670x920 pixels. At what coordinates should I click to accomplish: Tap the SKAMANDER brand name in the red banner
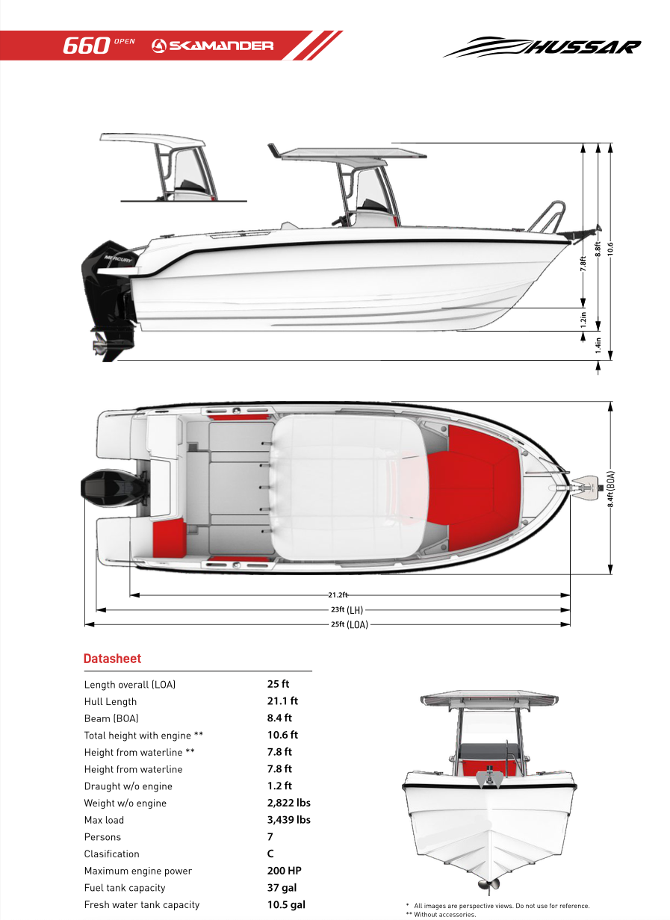(x=221, y=46)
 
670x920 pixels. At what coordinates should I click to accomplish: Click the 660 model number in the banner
(x=87, y=46)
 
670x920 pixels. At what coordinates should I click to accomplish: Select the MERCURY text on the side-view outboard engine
(x=118, y=259)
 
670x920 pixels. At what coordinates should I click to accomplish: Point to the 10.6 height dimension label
(x=610, y=249)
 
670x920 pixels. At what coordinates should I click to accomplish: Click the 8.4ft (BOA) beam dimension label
(x=611, y=489)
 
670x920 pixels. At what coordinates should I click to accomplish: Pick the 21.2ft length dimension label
(x=338, y=595)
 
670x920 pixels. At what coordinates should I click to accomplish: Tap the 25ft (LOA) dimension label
(x=350, y=624)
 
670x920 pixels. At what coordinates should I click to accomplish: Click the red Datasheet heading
(x=112, y=659)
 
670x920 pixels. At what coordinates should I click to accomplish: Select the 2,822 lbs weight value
(x=288, y=803)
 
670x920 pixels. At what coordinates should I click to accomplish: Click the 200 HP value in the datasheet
(x=284, y=871)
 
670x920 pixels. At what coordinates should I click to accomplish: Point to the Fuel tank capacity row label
(x=125, y=888)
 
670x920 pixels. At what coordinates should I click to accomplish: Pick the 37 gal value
(x=282, y=887)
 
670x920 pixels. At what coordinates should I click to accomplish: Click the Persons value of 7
(x=270, y=837)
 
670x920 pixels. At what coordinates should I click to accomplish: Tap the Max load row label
(x=104, y=820)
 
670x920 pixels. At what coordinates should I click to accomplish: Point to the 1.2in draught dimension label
(x=583, y=320)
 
